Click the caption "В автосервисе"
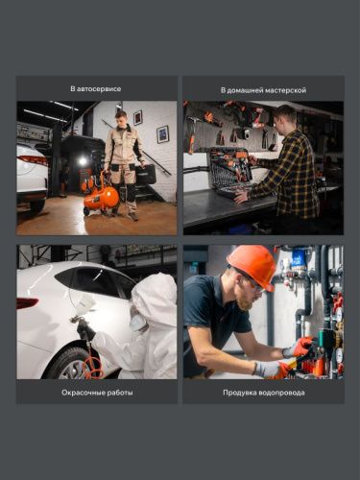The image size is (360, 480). [96, 88]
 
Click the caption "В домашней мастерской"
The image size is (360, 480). [262, 88]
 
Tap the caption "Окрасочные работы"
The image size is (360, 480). [96, 392]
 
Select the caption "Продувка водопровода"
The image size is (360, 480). [262, 392]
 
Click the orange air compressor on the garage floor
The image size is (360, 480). [103, 197]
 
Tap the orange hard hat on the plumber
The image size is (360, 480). [252, 265]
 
